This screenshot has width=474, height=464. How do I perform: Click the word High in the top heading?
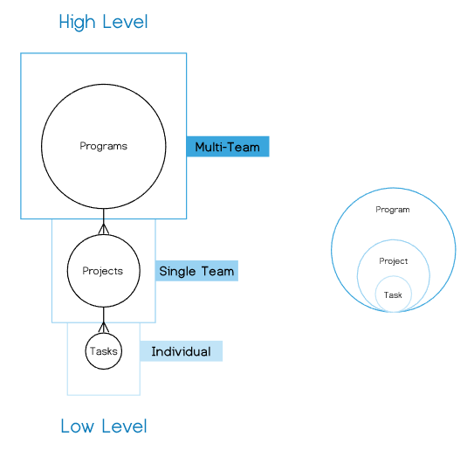coord(77,22)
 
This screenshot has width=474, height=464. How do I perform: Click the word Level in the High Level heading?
coord(125,22)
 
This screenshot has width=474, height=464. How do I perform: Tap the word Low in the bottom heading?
coord(78,426)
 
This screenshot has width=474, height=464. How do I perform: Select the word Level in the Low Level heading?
coord(124,426)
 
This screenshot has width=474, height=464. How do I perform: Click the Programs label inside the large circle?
coord(103,146)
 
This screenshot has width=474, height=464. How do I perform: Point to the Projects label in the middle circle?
coord(103,271)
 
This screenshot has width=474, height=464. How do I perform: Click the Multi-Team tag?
coord(228,147)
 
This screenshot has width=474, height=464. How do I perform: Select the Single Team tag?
coord(196,271)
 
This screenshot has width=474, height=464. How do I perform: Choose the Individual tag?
coord(181,351)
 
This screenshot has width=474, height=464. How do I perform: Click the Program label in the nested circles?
coord(393,210)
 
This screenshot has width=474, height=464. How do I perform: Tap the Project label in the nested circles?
coord(394,261)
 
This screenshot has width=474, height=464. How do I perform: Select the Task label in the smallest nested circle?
coord(393,294)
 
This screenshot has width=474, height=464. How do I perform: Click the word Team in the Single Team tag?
coord(217,271)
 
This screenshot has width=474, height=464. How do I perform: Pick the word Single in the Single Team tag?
coord(177,272)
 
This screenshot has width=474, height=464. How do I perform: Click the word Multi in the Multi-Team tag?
coord(209,147)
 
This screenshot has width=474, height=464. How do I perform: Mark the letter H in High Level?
coord(64,22)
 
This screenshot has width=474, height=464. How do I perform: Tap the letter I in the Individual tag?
coord(153,351)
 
